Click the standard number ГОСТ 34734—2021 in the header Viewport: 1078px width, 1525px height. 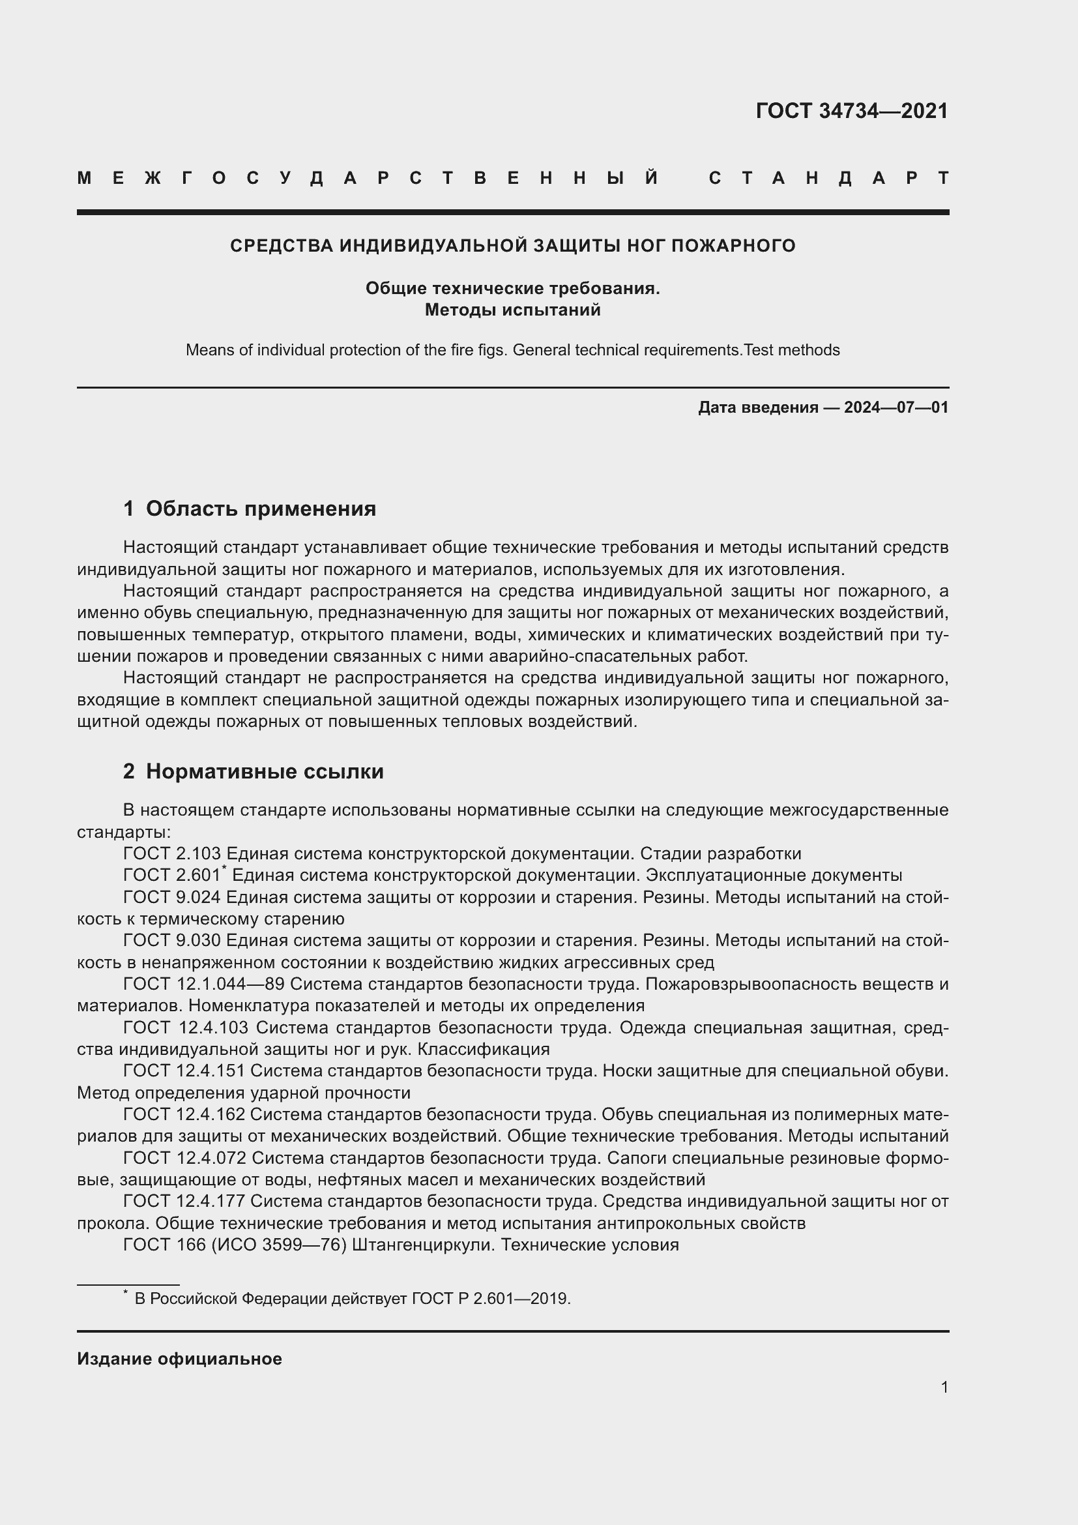click(852, 111)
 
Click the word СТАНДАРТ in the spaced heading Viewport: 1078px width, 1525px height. click(828, 178)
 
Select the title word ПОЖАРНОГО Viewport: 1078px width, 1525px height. click(733, 246)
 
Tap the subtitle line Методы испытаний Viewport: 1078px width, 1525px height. click(512, 310)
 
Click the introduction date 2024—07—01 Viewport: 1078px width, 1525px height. click(896, 407)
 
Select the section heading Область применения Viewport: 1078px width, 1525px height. click(260, 509)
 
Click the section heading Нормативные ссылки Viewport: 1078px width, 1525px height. click(264, 771)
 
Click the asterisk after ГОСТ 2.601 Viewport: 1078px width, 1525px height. click(224, 868)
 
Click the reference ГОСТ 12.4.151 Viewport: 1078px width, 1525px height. click(184, 1071)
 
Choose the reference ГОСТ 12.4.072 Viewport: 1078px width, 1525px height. click(184, 1158)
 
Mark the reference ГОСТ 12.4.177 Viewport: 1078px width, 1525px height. click(184, 1201)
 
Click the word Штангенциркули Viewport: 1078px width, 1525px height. click(423, 1245)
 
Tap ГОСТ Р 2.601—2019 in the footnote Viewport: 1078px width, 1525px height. click(490, 1299)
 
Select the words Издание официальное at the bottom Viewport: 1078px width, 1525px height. click(179, 1359)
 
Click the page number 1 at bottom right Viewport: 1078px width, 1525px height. click(944, 1387)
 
